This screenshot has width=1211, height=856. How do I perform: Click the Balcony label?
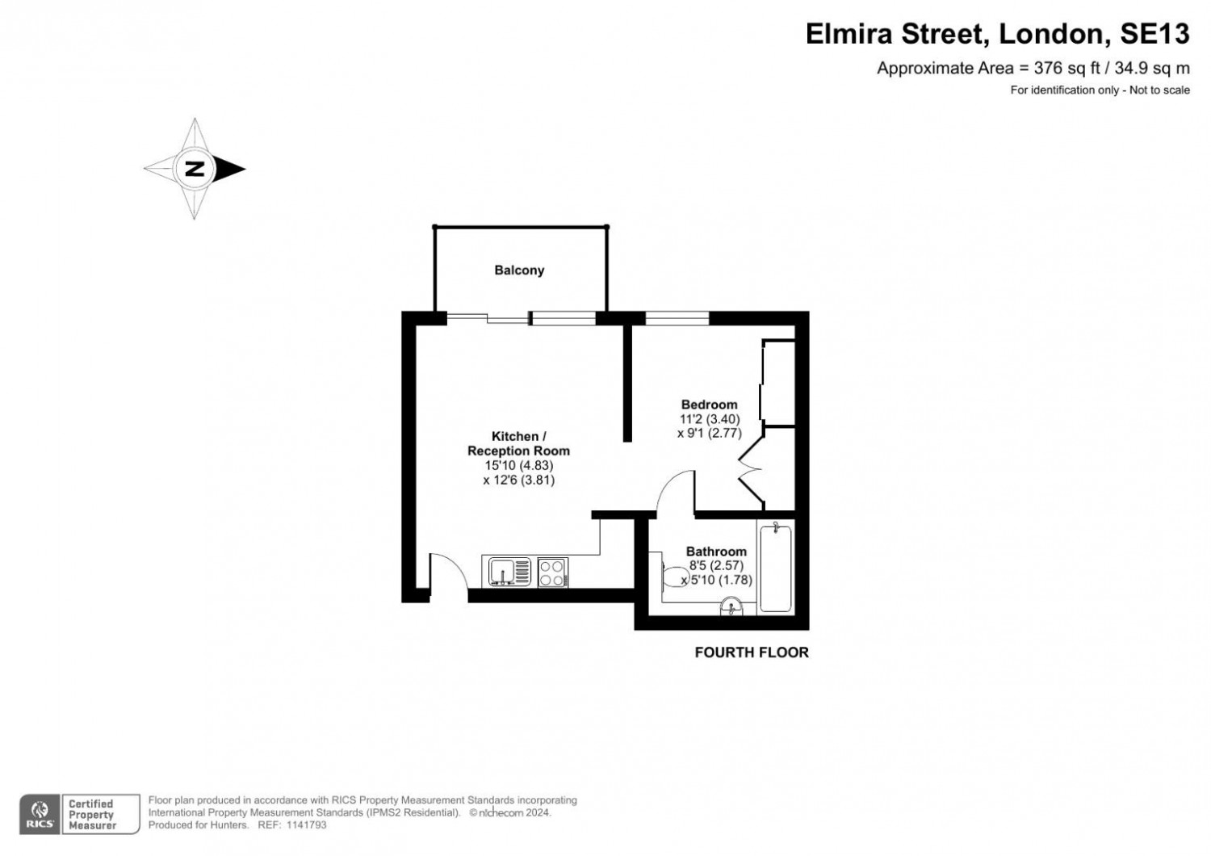coord(519,271)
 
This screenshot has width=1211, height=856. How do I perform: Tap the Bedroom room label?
coord(709,405)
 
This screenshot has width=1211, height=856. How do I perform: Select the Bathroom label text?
coord(716,552)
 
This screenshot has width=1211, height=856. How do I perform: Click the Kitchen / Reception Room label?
coord(518,444)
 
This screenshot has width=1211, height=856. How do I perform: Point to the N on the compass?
coord(194,169)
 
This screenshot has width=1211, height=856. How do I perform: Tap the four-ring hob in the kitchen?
coord(552,573)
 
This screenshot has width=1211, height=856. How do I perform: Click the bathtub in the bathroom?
coord(776,567)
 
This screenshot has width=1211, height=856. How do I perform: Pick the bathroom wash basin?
coord(731,606)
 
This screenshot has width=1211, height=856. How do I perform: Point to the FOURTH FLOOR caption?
coord(751,652)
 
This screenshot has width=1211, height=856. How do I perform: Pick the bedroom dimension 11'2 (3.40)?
coord(709,419)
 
